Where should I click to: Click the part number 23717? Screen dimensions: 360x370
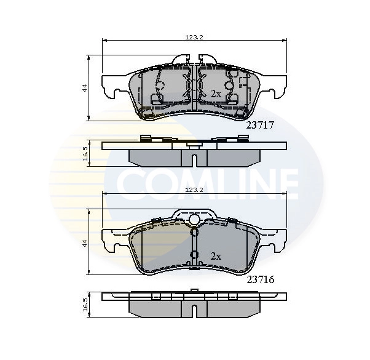(259, 124)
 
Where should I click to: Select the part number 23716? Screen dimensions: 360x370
(259, 279)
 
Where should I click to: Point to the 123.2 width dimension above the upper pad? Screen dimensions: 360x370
(194, 38)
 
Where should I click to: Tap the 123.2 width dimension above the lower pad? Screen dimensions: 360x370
(194, 191)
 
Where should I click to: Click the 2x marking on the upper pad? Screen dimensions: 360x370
(215, 94)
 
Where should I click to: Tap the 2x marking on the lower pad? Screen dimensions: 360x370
(215, 255)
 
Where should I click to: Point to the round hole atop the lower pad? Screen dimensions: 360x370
(194, 220)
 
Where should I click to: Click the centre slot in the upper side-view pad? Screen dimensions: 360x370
(194, 161)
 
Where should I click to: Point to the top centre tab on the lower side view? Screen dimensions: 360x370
(194, 290)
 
